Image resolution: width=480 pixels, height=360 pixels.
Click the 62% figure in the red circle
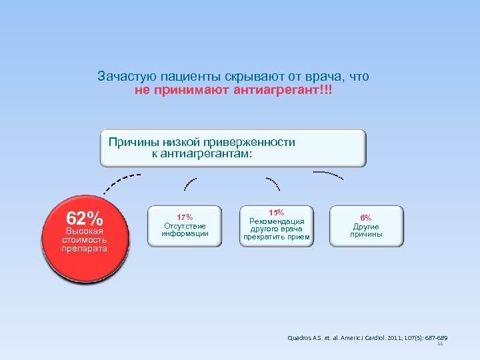[84, 219]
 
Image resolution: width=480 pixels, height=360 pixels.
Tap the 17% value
[185, 217]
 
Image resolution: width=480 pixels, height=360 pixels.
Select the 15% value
[276, 212]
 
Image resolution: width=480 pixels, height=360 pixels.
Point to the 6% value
[366, 218]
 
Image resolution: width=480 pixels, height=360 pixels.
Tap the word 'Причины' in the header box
[131, 142]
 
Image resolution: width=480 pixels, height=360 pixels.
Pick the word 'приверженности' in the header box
[255, 142]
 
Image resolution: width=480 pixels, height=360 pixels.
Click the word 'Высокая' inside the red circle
[85, 231]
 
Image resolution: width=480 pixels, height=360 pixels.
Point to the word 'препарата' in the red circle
[85, 249]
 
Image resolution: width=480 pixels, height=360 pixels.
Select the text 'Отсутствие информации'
[185, 230]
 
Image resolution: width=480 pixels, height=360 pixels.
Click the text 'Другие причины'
[366, 231]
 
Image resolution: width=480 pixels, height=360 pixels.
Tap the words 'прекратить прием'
[276, 237]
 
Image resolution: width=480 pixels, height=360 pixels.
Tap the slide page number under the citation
[439, 345]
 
